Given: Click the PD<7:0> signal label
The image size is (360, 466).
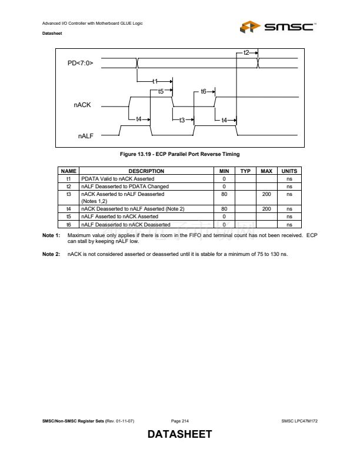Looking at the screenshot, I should click(81, 61).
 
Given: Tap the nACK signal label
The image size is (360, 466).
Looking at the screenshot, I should click(82, 105).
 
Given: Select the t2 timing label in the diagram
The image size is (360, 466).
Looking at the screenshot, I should click(246, 52).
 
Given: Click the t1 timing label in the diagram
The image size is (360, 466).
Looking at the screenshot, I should click(155, 81).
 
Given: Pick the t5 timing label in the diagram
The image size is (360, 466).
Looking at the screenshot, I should click(161, 91).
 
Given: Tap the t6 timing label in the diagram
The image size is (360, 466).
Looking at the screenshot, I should click(204, 91).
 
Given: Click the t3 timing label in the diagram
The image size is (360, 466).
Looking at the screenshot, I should click(182, 120).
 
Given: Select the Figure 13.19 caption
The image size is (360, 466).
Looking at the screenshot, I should click(179, 154).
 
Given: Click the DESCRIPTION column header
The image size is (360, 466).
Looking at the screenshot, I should click(146, 171).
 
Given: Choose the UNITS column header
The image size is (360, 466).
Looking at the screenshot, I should click(289, 171).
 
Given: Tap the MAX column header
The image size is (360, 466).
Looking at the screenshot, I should click(266, 171).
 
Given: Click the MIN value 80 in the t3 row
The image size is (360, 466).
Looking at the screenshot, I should click(224, 194).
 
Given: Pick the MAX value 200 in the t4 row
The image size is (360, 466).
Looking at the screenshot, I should click(266, 208).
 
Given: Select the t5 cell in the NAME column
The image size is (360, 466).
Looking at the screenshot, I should click(68, 216).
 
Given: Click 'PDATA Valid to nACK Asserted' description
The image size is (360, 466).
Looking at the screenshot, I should click(118, 178).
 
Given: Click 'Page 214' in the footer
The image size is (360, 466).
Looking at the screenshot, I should click(179, 421).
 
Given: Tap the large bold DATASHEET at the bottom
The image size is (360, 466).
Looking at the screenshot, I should click(179, 435).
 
